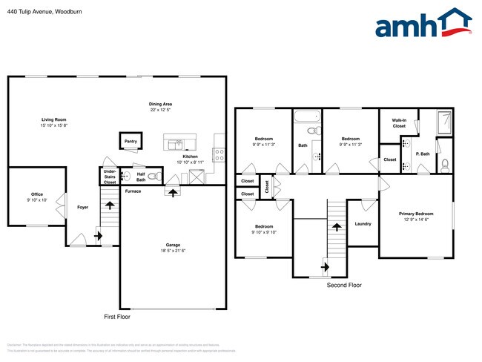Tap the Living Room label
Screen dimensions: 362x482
coord(53,120)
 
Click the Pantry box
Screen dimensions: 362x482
coord(131,141)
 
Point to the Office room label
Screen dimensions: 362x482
coord(36,194)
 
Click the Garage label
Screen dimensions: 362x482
coord(173,246)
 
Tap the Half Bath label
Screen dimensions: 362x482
coord(139,177)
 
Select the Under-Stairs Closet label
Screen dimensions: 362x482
coord(109,177)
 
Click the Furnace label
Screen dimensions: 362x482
coord(133,191)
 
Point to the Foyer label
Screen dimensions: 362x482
coord(82,207)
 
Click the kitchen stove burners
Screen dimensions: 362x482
coord(219,154)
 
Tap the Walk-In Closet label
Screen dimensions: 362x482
coord(399,123)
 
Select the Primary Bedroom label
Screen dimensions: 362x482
coord(416,215)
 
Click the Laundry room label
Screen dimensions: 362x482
coord(363,223)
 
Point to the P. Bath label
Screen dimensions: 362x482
coord(423,154)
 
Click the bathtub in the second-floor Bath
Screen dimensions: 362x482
coord(306,116)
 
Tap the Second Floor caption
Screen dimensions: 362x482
coord(344,285)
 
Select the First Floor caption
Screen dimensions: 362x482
coord(116,317)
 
